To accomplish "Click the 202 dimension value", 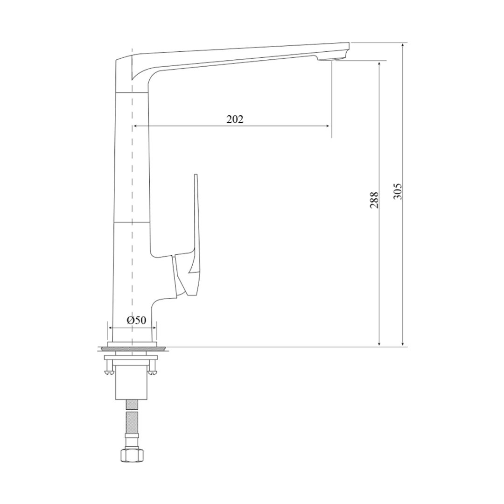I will tap(235, 119).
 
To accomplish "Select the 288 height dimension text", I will tap(374, 199).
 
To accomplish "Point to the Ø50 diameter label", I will tap(136, 320).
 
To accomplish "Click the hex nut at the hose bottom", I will tap(133, 455).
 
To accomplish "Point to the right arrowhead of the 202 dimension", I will tap(328, 126).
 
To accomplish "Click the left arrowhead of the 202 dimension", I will tap(136, 126).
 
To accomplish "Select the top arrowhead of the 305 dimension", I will tap(403, 45).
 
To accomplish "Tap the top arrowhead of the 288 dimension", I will tap(380, 63).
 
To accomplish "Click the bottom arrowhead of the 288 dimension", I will tap(380, 344).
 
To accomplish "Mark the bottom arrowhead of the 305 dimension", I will tap(403, 344).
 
